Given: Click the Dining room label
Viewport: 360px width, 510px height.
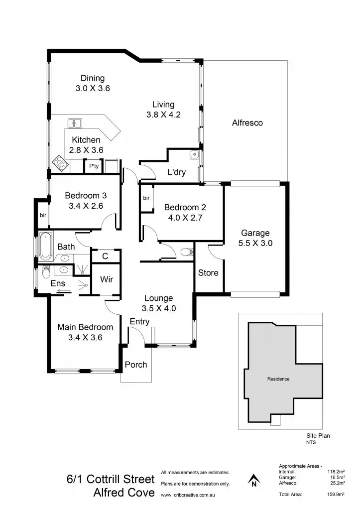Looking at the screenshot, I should (x=93, y=78).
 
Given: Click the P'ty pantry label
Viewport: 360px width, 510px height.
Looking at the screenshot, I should (x=93, y=166).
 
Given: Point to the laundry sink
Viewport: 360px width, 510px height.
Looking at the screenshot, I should (x=194, y=155).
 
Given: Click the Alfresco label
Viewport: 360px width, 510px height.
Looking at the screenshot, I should (x=247, y=123).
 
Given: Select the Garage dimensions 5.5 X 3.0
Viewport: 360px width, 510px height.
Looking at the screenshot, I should (x=255, y=244).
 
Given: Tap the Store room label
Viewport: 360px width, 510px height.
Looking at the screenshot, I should (x=208, y=272).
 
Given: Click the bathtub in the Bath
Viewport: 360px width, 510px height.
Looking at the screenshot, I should (x=46, y=247).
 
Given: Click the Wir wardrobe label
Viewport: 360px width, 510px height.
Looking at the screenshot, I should (x=107, y=279).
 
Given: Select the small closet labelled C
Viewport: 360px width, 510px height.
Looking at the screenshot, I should (x=105, y=256).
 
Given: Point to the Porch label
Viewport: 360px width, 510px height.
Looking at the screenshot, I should (x=136, y=365).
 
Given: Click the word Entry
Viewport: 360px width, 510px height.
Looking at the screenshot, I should (x=139, y=322).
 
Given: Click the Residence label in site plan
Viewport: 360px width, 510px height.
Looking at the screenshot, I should (x=278, y=379).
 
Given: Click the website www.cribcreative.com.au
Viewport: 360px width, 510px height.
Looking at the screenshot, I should (x=188, y=495).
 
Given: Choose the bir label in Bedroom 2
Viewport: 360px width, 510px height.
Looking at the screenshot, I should (x=146, y=198).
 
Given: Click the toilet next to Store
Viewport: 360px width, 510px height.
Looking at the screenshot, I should (x=187, y=252).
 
